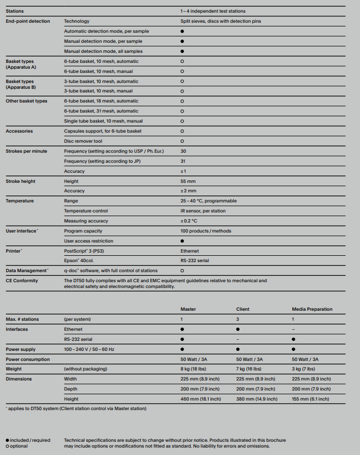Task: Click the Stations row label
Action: (x=15, y=11)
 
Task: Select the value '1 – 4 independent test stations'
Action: (x=213, y=11)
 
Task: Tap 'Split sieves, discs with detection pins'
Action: (x=220, y=21)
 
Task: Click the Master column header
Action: (x=188, y=309)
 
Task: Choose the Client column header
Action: (x=243, y=309)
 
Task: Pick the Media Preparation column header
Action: (x=312, y=309)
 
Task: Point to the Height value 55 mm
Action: (x=188, y=181)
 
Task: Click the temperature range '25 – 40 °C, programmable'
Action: (x=208, y=201)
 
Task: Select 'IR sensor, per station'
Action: (x=204, y=211)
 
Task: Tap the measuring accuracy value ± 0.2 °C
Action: (x=189, y=221)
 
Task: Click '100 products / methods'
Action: (x=206, y=231)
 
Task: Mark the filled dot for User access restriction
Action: (x=182, y=241)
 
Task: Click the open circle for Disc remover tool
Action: (x=182, y=141)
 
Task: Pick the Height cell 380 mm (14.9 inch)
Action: (x=256, y=399)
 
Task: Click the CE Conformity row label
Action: (x=22, y=281)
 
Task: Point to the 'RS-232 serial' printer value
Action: (x=195, y=261)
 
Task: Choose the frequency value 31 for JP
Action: (x=183, y=161)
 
